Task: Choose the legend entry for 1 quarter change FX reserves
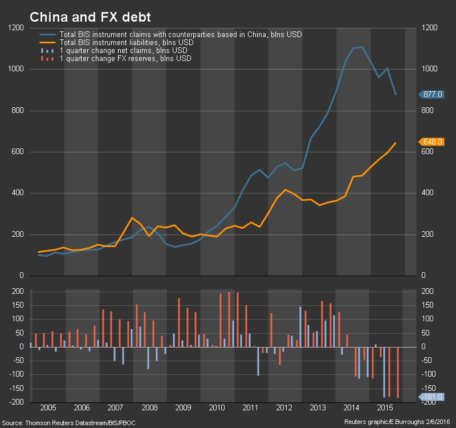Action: pos(125,59)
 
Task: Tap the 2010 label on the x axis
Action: pos(217,409)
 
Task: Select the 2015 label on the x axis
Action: pos(385,409)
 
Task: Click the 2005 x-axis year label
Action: pos(48,409)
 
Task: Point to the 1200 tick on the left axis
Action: pos(16,28)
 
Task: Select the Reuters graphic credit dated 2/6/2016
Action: pos(398,423)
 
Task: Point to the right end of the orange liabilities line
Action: pos(396,143)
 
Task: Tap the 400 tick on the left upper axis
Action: pos(18,193)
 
